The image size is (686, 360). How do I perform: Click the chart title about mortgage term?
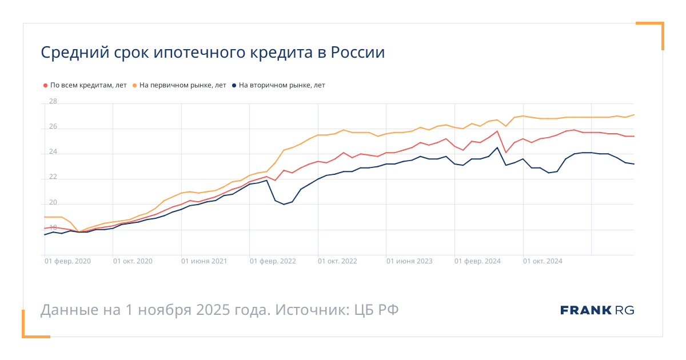[213, 53]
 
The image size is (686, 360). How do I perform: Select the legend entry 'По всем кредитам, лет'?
[89, 85]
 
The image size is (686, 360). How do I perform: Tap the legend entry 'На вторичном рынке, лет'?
[282, 85]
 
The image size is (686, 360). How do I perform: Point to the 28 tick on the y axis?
[53, 102]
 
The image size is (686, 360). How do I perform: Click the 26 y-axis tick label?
[53, 127]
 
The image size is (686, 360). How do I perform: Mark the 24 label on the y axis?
[53, 152]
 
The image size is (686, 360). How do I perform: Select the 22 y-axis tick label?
[53, 177]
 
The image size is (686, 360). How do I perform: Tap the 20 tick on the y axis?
[53, 202]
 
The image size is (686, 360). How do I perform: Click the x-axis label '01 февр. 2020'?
[67, 261]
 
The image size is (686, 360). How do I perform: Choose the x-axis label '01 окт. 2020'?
[133, 261]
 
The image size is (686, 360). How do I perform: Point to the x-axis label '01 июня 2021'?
[204, 261]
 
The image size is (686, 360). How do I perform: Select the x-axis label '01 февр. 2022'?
[273, 261]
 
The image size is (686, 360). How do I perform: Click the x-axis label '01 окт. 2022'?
[337, 261]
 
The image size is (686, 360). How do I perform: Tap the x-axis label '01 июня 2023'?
[409, 261]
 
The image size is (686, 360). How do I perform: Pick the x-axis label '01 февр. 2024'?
[477, 261]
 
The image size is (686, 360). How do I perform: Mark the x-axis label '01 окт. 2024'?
[543, 261]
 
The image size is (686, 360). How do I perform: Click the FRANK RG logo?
[597, 310]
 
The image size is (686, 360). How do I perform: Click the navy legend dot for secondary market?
[234, 85]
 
